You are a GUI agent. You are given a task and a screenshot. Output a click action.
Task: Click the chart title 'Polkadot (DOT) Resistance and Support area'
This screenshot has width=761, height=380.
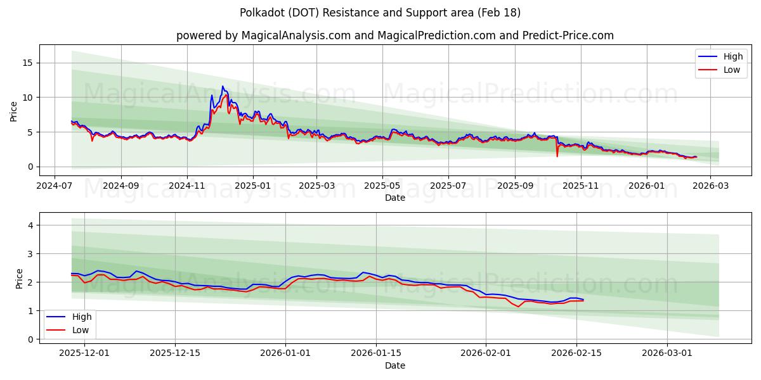(x=380, y=13)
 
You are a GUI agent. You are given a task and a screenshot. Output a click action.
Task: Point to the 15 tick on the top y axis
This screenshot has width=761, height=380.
(x=29, y=63)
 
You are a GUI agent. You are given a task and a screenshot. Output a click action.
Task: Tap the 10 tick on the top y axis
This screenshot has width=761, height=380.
(x=29, y=98)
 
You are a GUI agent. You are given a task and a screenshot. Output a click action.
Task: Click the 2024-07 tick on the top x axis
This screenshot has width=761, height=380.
(x=54, y=186)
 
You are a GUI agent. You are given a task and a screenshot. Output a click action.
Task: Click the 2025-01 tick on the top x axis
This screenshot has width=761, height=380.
(x=253, y=186)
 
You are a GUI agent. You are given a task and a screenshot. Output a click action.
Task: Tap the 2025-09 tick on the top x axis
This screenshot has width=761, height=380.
(x=515, y=186)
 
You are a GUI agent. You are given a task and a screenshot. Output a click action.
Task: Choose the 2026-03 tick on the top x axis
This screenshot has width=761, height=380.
(x=710, y=186)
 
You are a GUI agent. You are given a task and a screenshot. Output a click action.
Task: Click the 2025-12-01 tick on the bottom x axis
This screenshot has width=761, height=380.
(x=84, y=353)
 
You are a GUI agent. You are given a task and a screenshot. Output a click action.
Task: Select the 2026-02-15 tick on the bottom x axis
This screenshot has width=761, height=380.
(x=576, y=353)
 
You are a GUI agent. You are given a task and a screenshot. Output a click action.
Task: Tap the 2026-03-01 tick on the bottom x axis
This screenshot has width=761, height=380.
(x=667, y=353)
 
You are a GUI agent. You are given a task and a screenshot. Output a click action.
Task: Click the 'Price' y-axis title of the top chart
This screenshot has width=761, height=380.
(x=14, y=110)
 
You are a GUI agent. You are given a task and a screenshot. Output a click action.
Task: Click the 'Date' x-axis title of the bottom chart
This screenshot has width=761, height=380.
(x=394, y=365)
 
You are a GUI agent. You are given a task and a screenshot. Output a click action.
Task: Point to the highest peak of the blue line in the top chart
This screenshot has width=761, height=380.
(x=223, y=86)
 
